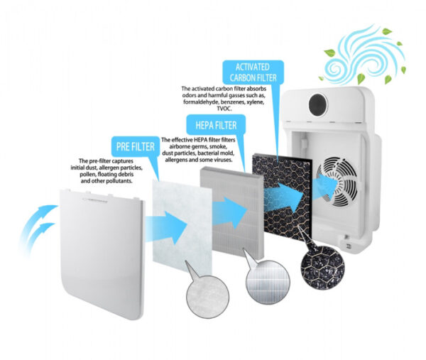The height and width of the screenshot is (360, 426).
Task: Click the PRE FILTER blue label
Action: (x=136, y=146)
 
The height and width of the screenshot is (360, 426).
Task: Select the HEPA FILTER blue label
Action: (x=216, y=125)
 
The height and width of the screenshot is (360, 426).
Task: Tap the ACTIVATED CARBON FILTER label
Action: (x=253, y=72)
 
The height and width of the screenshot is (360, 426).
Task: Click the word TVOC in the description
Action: (x=224, y=109)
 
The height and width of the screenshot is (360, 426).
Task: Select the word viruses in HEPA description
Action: (x=224, y=160)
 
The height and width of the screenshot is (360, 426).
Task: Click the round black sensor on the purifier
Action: (x=318, y=104)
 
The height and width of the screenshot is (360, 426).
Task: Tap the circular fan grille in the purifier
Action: (x=337, y=181)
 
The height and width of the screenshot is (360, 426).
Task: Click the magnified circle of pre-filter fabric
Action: (x=207, y=297)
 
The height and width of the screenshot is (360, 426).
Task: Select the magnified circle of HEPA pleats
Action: (x=268, y=282)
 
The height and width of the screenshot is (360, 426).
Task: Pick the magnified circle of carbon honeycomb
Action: (x=322, y=268)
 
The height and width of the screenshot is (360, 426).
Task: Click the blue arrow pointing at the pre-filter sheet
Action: (x=166, y=228)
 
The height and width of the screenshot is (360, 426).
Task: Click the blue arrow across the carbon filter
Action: (x=284, y=197)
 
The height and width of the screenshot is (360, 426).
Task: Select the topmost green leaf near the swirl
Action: (x=387, y=31)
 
